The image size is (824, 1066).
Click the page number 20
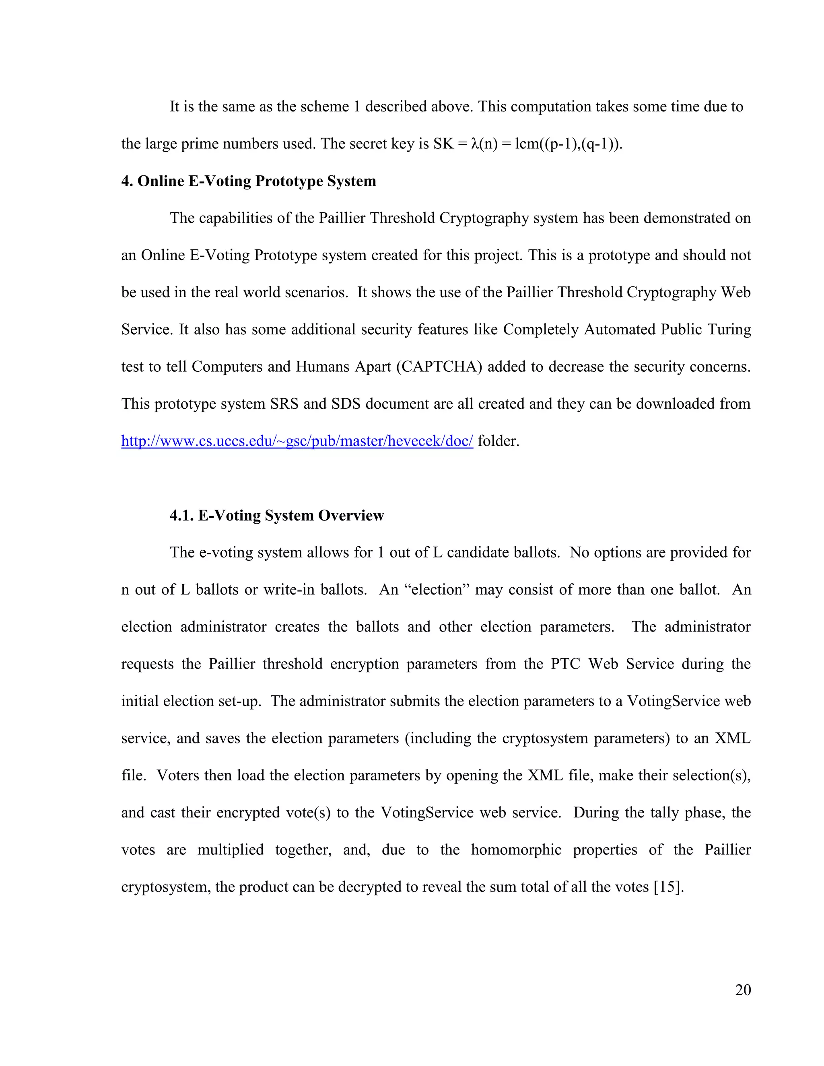point(742,990)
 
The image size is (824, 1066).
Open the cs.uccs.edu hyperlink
point(297,441)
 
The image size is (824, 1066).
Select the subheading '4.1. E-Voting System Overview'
point(276,515)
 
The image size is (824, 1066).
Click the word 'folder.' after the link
point(499,441)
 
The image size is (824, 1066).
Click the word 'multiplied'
point(230,849)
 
